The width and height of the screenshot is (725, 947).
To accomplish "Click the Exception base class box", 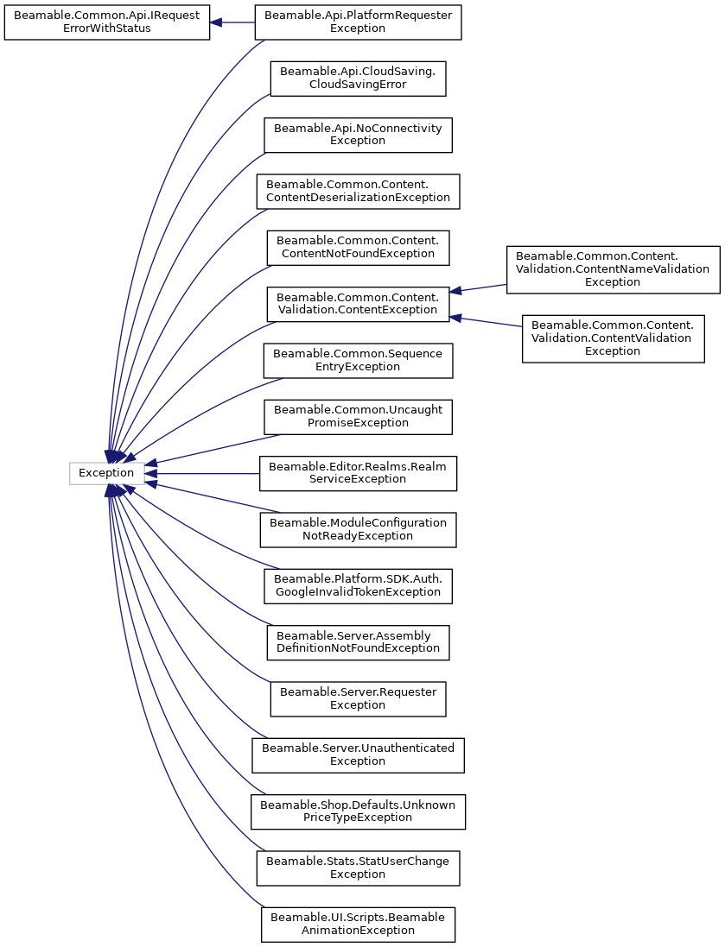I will (x=106, y=473).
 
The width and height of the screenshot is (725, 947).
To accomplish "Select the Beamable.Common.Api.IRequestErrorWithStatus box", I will (x=107, y=22).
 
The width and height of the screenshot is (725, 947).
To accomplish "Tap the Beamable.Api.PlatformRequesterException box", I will (x=358, y=22).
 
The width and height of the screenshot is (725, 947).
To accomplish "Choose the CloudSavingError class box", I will (x=358, y=79).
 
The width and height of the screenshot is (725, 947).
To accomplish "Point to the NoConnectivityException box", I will (x=358, y=135).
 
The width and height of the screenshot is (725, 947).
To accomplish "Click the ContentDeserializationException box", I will (x=358, y=191).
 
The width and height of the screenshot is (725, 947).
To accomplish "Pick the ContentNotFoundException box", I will (x=358, y=247).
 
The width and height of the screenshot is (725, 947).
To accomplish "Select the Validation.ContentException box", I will (x=358, y=304).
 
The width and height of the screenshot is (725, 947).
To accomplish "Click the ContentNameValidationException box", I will (x=613, y=269).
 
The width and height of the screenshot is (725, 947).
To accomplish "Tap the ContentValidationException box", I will (x=613, y=338).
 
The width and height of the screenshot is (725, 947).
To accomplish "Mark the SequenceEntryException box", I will (x=358, y=360).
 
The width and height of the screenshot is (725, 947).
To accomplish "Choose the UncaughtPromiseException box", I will (x=358, y=416).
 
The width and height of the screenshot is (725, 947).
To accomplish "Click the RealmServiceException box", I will (x=358, y=473).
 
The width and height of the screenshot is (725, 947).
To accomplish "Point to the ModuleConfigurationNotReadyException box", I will (x=358, y=529).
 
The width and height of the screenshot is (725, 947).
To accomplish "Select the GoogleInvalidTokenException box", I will (x=358, y=585).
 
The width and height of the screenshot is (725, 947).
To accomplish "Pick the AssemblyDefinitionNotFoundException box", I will (x=358, y=642).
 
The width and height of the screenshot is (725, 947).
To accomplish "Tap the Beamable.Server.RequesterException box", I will (x=358, y=698).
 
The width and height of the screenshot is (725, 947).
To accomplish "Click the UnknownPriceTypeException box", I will (x=358, y=811).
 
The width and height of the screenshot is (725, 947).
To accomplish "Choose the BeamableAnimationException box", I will (x=358, y=924).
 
